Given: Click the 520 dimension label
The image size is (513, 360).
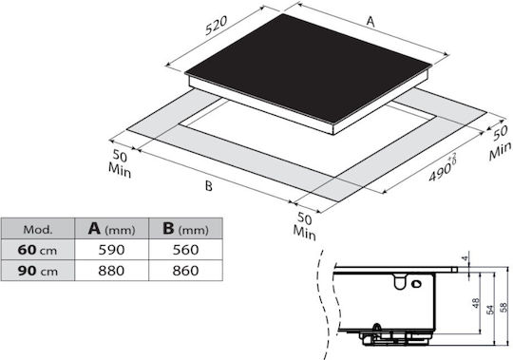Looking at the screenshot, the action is [x=216, y=26].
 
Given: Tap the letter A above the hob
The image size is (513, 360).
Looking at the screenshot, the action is [x=370, y=22].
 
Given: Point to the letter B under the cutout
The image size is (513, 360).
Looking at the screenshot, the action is [x=208, y=186].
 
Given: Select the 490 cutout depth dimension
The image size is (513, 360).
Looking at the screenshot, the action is [x=443, y=168].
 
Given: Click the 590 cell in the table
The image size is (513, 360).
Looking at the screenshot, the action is [x=111, y=250].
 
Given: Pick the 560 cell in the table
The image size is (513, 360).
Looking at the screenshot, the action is [x=185, y=250].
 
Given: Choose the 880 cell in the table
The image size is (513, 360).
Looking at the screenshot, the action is [x=111, y=271].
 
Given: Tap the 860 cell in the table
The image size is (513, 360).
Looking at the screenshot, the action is [x=185, y=271].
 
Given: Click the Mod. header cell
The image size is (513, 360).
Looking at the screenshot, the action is [x=38, y=229].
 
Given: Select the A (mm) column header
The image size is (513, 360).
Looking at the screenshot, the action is [x=111, y=229].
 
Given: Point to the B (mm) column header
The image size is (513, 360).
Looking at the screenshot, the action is [x=185, y=229].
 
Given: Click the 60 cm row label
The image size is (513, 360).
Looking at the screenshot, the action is [x=37, y=250].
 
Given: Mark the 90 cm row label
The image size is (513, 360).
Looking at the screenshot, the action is [x=38, y=271].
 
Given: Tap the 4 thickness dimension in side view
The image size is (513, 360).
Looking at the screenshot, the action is [x=465, y=258].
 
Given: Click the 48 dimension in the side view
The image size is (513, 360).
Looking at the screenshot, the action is [x=476, y=303].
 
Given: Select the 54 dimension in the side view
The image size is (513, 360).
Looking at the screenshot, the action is [x=490, y=310].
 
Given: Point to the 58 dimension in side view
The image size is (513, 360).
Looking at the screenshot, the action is [x=504, y=307].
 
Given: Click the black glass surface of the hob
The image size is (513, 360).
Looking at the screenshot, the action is [x=309, y=67].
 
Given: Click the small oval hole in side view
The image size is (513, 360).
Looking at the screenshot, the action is [x=416, y=284].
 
